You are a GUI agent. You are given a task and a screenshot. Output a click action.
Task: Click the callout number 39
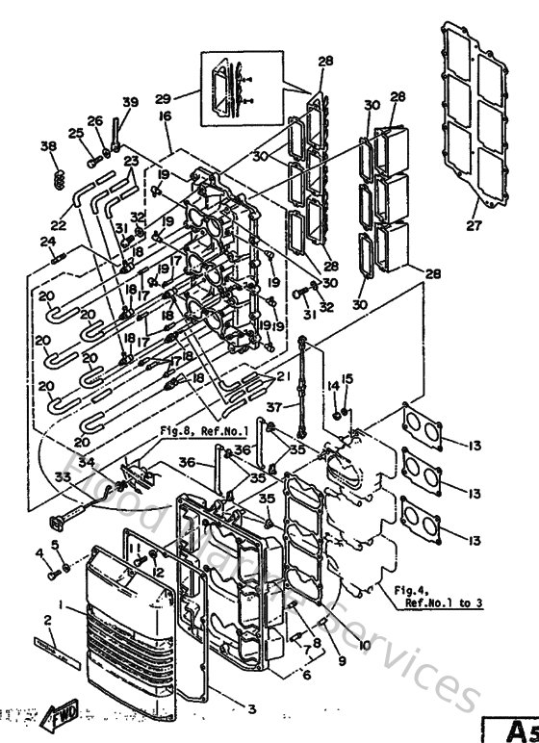click(x=131, y=103)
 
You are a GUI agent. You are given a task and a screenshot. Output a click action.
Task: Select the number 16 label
click(x=165, y=115)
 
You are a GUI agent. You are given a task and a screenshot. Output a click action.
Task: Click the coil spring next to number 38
click(x=59, y=179)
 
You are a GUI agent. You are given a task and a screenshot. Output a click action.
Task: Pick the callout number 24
click(x=45, y=242)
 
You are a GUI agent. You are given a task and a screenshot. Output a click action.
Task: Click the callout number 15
click(x=347, y=378)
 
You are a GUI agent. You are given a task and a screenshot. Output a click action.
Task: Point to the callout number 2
click(x=44, y=619)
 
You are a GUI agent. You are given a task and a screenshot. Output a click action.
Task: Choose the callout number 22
click(x=60, y=225)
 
